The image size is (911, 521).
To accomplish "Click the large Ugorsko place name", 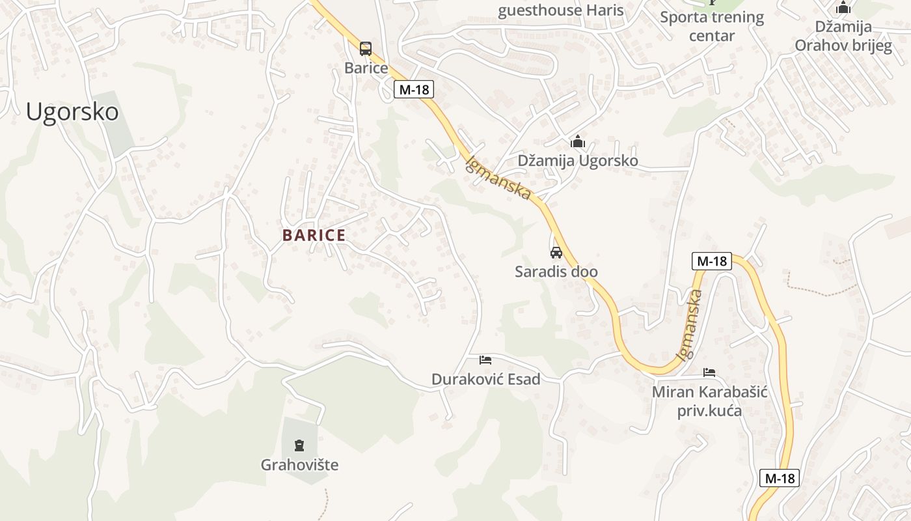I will click(72, 112).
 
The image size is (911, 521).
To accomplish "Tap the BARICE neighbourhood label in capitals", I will click(314, 236).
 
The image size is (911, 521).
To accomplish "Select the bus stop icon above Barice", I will click(366, 48).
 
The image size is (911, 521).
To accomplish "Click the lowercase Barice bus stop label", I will click(366, 68).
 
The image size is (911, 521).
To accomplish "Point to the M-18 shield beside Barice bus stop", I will click(414, 90).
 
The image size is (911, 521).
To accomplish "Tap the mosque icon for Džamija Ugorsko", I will click(577, 142).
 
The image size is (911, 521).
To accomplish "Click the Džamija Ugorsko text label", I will click(577, 160).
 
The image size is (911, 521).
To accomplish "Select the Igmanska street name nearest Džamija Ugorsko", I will click(498, 177).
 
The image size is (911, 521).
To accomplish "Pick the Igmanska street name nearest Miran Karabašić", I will click(690, 325).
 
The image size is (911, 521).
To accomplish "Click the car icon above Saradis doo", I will click(556, 253).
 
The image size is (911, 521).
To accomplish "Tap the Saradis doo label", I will click(556, 272).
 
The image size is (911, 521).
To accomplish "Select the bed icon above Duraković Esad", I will click(485, 359).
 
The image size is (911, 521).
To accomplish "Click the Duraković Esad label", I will click(485, 379).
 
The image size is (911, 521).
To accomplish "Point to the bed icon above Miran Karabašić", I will click(709, 373).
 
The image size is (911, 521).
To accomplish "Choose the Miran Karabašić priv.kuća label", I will click(709, 401).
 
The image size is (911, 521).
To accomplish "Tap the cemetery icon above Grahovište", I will click(299, 445).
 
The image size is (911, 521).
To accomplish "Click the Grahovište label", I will click(299, 465).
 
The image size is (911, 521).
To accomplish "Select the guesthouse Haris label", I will click(560, 10).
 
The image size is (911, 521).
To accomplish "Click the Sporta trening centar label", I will click(712, 26).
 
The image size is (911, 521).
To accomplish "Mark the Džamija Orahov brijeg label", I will click(843, 36).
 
